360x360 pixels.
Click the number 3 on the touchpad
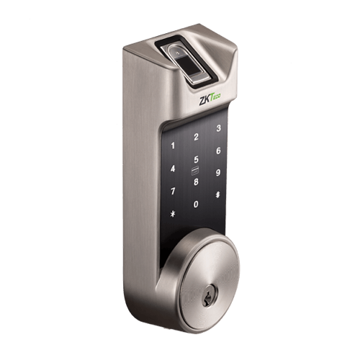(x=219, y=130)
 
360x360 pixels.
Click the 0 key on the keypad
(x=195, y=205)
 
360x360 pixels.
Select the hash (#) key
(x=218, y=196)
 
